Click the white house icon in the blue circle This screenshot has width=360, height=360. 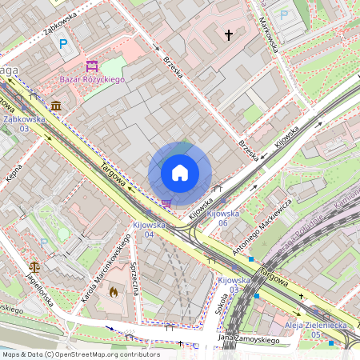[x=180, y=173]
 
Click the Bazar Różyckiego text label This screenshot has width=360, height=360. [x=92, y=79]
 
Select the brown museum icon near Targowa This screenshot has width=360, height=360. [x=55, y=106]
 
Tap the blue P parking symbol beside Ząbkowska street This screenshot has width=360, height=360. [x=63, y=44]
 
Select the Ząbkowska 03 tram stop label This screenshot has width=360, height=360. [x=24, y=123]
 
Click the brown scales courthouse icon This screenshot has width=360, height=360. [x=34, y=266]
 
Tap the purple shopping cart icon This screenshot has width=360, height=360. [x=166, y=203]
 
